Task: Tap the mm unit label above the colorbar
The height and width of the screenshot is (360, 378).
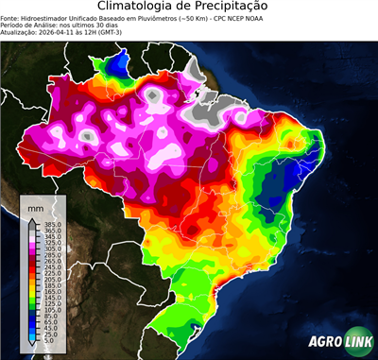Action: [35, 205]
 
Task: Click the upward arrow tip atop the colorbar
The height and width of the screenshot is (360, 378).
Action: [33, 218]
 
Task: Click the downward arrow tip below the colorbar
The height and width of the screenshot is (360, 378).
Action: [33, 348]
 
